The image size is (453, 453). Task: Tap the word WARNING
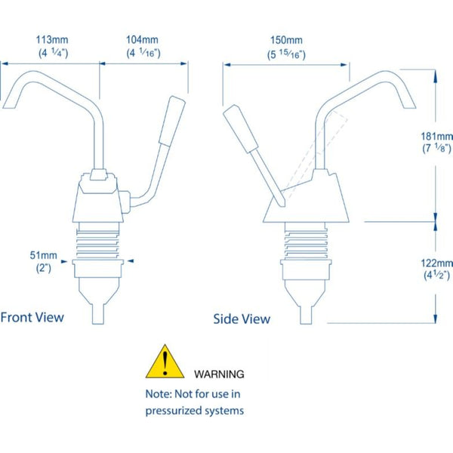tap(219, 374)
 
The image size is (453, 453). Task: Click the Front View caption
tap(32, 317)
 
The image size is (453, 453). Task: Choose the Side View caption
tap(242, 319)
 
